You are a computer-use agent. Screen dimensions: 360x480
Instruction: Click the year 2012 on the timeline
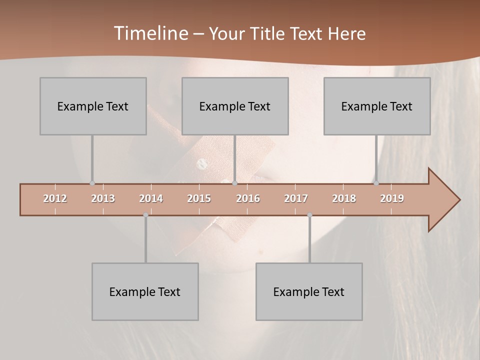(x=55, y=198)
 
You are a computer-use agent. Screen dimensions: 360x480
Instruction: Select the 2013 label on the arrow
(x=103, y=198)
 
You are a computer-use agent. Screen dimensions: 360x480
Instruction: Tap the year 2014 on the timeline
(x=151, y=198)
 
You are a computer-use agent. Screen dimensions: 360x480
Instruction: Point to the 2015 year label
(x=199, y=198)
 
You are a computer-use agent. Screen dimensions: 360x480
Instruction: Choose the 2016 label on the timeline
(x=248, y=198)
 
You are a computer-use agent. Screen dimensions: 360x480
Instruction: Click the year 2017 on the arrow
(x=296, y=198)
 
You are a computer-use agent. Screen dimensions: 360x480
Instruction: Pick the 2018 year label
(x=344, y=198)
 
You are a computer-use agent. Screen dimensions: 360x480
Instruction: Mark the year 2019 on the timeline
(x=392, y=198)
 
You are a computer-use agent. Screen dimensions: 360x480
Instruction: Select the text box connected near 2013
(x=93, y=106)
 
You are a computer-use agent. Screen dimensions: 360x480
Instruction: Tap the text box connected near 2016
(x=235, y=106)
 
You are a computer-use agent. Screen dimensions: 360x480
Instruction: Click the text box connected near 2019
(x=377, y=106)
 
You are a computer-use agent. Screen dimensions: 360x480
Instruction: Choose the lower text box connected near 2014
(x=145, y=291)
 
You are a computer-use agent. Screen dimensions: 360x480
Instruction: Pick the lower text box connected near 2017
(x=309, y=291)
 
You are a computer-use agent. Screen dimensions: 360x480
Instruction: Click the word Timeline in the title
(x=150, y=33)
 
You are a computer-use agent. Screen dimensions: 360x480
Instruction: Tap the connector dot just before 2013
(x=92, y=183)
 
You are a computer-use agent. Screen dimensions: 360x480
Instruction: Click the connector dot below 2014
(x=145, y=215)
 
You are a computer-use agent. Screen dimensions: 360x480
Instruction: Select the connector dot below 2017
(x=309, y=215)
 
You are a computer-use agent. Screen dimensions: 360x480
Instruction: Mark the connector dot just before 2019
(x=376, y=183)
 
